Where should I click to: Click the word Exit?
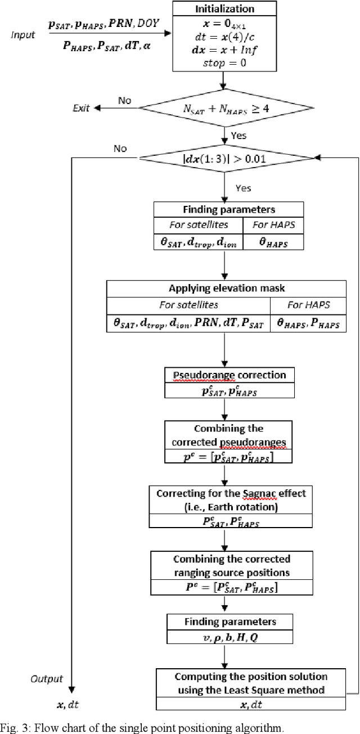coord(82,108)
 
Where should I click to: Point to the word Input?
coord(23,35)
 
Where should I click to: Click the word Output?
coord(47,679)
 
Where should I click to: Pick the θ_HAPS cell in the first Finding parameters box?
coord(273,242)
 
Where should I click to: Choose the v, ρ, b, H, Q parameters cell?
coord(229,637)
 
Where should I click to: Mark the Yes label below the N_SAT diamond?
coord(238,136)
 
